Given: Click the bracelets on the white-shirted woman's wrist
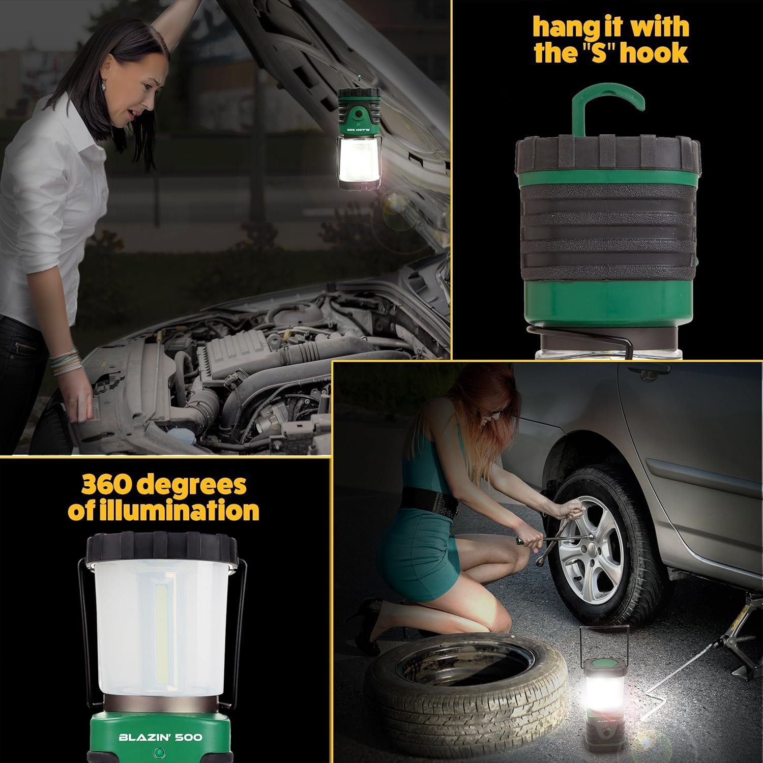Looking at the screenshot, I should [65, 361].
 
